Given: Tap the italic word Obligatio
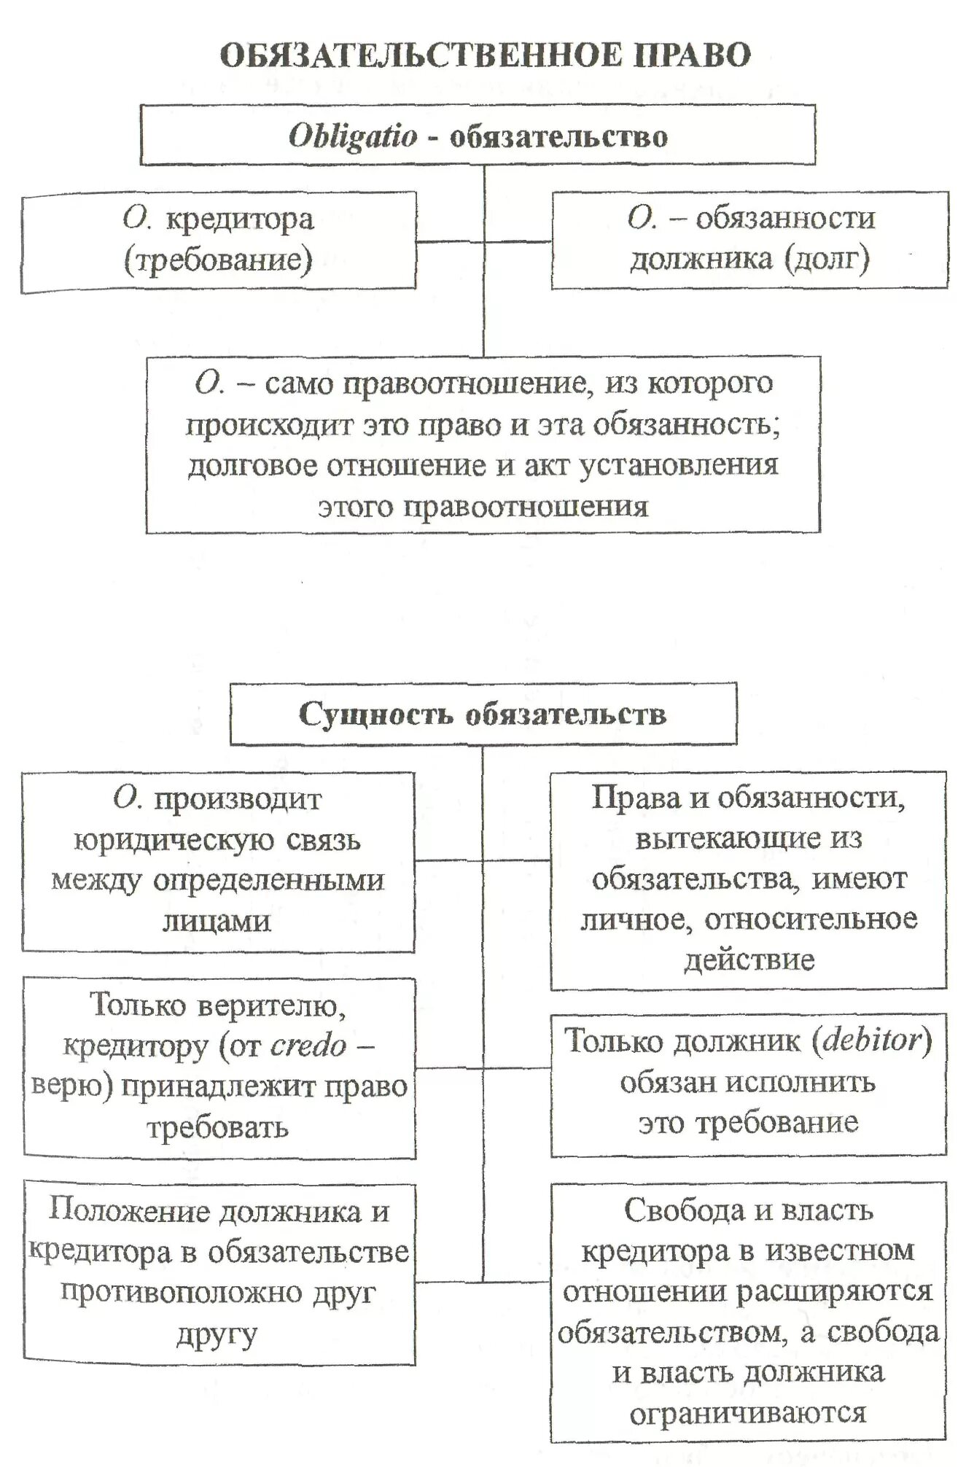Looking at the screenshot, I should (x=353, y=136).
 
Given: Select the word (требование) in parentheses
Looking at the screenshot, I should (x=218, y=260).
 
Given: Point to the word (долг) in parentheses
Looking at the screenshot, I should (x=827, y=259).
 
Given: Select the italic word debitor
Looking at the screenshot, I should (x=872, y=1040).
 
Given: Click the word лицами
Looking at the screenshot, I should (x=217, y=922).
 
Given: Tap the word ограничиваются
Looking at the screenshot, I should (x=747, y=1414).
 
